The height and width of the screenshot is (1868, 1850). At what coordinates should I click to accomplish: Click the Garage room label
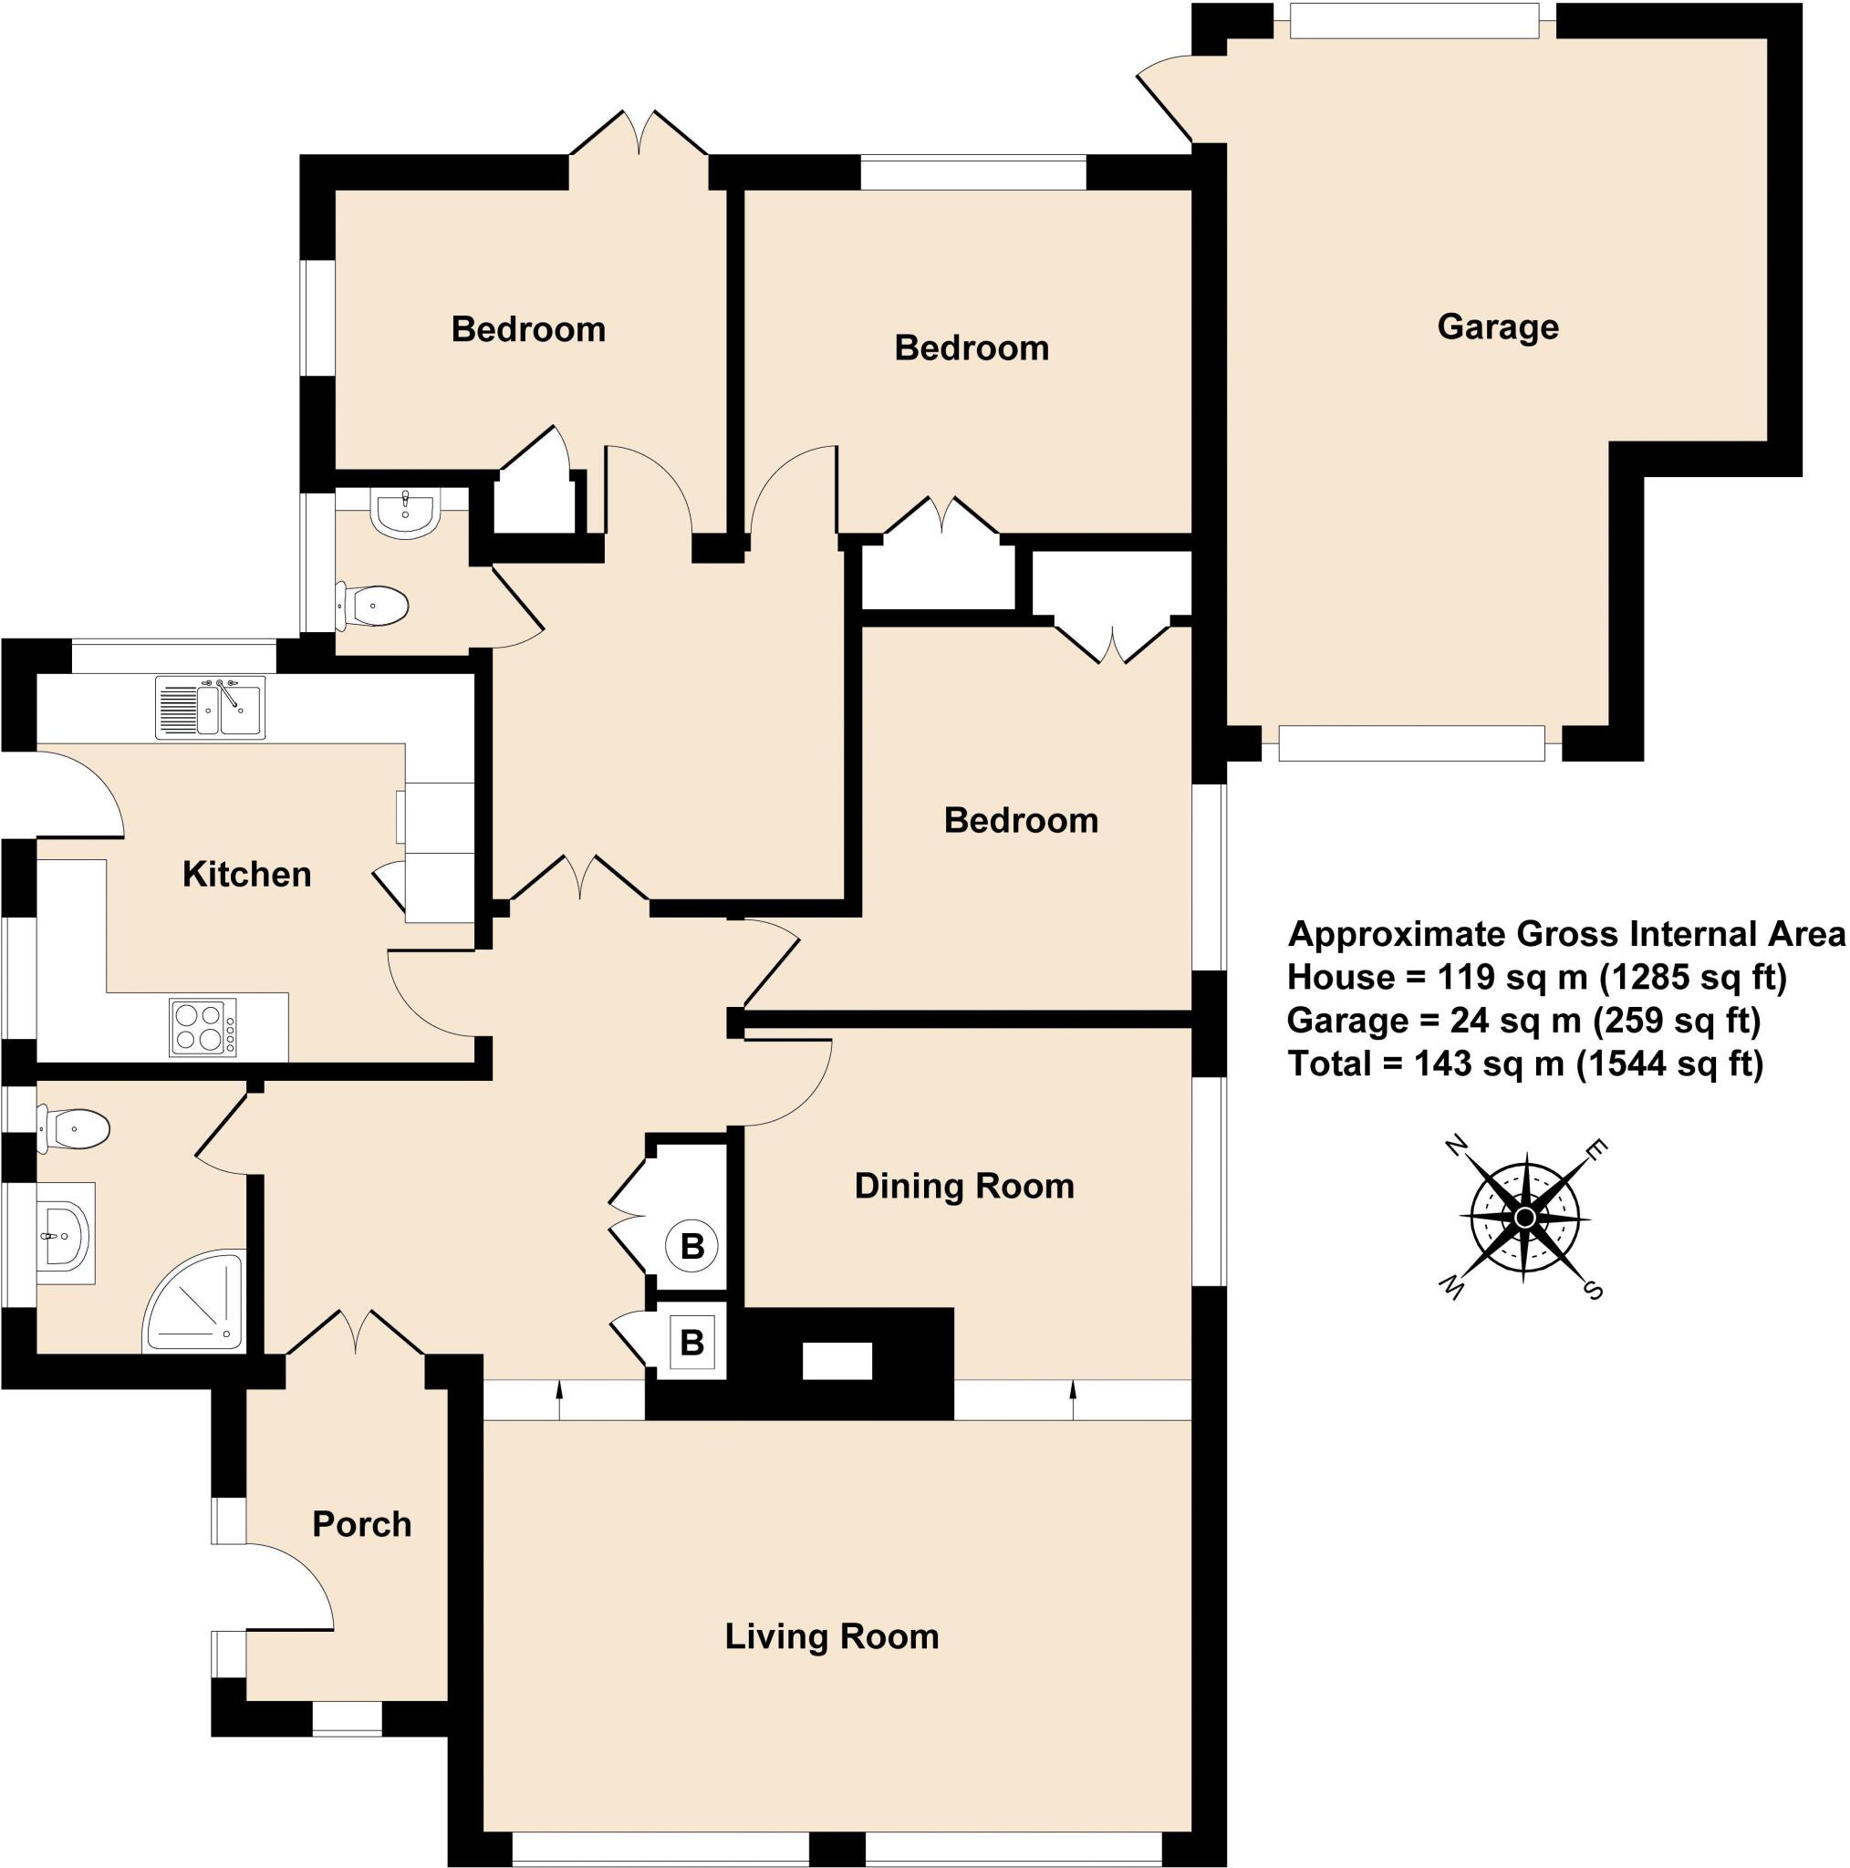(x=1497, y=327)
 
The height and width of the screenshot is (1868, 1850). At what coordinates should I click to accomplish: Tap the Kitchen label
(x=246, y=874)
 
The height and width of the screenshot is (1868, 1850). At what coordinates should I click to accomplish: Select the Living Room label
(x=832, y=1636)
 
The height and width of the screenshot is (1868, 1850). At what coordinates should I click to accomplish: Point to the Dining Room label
(x=964, y=1186)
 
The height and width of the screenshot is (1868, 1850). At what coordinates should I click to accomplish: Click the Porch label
(x=361, y=1524)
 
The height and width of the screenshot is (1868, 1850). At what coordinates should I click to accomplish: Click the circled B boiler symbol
(x=692, y=1246)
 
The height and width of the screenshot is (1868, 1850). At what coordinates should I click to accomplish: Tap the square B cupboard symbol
(x=691, y=1342)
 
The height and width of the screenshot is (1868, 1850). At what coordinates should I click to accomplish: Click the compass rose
(x=1525, y=1217)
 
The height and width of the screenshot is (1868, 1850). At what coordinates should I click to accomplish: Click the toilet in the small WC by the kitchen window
(x=375, y=607)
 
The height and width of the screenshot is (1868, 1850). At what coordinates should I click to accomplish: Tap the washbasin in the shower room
(x=64, y=1233)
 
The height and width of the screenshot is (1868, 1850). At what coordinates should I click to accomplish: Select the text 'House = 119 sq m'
(x=1438, y=978)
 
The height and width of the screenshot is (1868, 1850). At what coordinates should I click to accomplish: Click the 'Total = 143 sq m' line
(x=1427, y=1064)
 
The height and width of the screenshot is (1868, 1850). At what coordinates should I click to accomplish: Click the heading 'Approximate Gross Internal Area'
(x=1566, y=934)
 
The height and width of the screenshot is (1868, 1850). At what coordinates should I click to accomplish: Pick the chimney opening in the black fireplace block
(x=837, y=1363)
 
